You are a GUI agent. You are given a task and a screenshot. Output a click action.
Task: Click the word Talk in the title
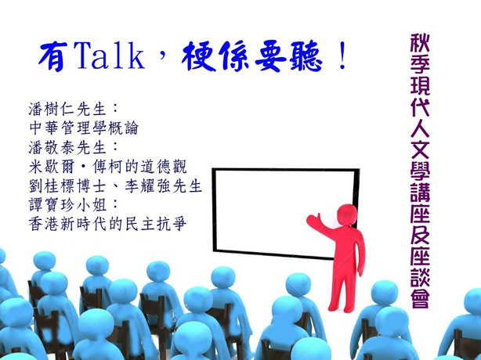point(109,56)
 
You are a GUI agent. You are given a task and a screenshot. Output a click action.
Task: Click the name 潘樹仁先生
point(67,109)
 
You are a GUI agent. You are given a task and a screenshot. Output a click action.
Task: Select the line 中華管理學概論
point(84,128)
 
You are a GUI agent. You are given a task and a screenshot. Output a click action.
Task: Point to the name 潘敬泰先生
point(67,148)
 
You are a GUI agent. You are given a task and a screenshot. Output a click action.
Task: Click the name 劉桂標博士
point(67,186)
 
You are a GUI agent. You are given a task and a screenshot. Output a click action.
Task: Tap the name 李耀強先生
point(164,186)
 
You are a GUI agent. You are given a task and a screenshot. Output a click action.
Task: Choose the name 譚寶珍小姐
point(67,205)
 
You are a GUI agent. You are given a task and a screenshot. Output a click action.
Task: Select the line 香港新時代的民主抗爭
point(107,225)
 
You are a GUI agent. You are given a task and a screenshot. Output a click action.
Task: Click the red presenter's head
point(347,215)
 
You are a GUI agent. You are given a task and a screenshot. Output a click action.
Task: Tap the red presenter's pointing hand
point(314,220)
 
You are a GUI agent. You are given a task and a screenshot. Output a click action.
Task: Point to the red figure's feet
point(341,308)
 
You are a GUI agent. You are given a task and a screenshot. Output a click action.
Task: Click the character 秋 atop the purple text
point(420,43)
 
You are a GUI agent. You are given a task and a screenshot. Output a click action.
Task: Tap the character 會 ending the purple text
point(420,298)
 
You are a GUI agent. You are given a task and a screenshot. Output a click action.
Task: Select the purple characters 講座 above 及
point(420,202)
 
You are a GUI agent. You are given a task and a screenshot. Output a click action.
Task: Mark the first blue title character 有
point(52,56)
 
